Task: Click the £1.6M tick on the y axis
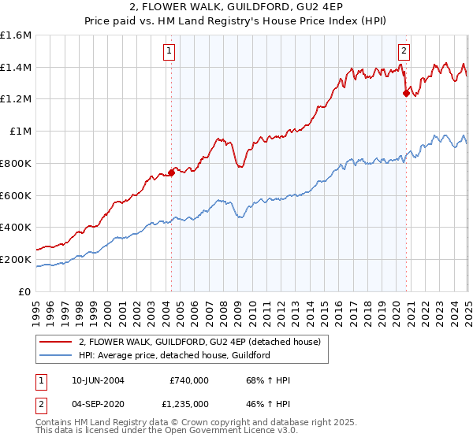pyautogui.click(x=16, y=35)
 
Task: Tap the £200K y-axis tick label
pyautogui.click(x=16, y=259)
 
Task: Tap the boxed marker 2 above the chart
pyautogui.click(x=404, y=51)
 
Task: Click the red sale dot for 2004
pyautogui.click(x=171, y=173)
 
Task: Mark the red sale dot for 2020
pyautogui.click(x=406, y=94)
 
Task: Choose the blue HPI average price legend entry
pyautogui.click(x=174, y=356)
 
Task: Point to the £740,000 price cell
pyautogui.click(x=189, y=380)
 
